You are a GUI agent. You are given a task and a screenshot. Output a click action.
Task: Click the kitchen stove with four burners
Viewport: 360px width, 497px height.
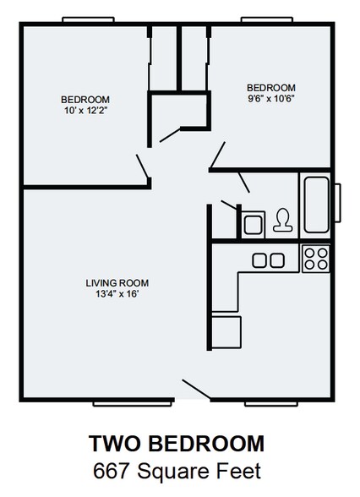pyautogui.click(x=315, y=257)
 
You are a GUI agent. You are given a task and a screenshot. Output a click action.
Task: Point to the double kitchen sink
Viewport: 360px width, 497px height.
pyautogui.click(x=268, y=259)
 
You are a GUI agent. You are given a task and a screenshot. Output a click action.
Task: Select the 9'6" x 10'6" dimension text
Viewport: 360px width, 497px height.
pyautogui.click(x=270, y=98)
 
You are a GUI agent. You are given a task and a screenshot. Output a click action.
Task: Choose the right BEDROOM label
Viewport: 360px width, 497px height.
pyautogui.click(x=270, y=87)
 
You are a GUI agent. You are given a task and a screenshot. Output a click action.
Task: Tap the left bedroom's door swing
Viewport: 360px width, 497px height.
pyautogui.click(x=143, y=166)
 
